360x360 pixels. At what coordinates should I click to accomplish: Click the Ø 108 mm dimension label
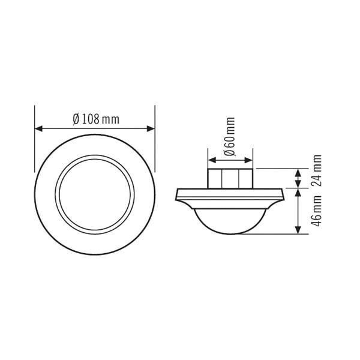pyautogui.click(x=95, y=119)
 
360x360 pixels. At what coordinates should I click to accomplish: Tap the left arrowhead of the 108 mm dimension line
pyautogui.click(x=38, y=128)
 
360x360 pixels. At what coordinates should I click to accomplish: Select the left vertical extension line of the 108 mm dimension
pyautogui.click(x=35, y=138)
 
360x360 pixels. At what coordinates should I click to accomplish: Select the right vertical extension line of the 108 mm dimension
pyautogui.click(x=155, y=138)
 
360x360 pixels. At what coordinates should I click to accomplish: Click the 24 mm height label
pyautogui.click(x=317, y=171)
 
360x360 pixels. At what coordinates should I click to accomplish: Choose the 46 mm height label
pyautogui.click(x=317, y=212)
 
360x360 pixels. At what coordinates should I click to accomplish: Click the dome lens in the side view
pyautogui.click(x=230, y=220)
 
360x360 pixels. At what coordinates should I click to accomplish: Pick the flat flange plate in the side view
pyautogui.click(x=230, y=193)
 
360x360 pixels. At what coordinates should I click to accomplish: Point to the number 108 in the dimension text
pyautogui.click(x=91, y=119)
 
